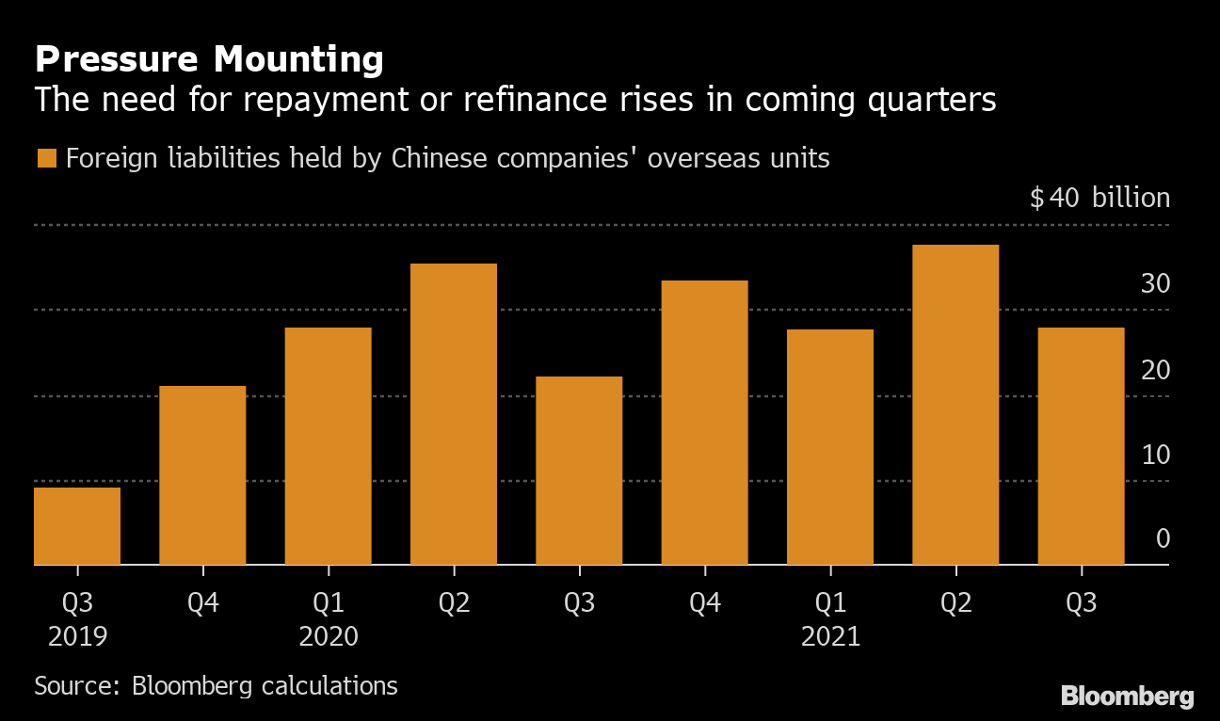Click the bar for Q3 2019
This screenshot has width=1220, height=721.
coord(77,526)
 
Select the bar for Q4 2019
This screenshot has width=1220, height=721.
coord(202,475)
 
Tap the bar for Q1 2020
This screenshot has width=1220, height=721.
coord(328,446)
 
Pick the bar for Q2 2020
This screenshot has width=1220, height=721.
coord(454,414)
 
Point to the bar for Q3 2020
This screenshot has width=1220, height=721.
coord(579,471)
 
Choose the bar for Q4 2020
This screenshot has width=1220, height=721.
coord(705,423)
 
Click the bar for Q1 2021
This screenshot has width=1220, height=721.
coord(830,447)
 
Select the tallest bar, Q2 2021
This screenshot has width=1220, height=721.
coord(955,405)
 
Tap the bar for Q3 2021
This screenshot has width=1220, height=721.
coord(1081,446)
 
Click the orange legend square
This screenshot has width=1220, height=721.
coord(47,158)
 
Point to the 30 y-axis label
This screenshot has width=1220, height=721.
coord(1155,283)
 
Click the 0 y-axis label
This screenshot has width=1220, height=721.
coord(1163,538)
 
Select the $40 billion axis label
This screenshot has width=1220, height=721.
coord(1100,197)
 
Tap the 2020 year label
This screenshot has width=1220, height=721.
coord(329,636)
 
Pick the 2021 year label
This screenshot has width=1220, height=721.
coord(830,636)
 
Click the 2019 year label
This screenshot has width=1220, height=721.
coord(78,636)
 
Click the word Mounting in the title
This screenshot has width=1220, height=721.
coord(298,60)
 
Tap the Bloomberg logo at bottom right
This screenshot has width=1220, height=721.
coord(1128,697)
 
